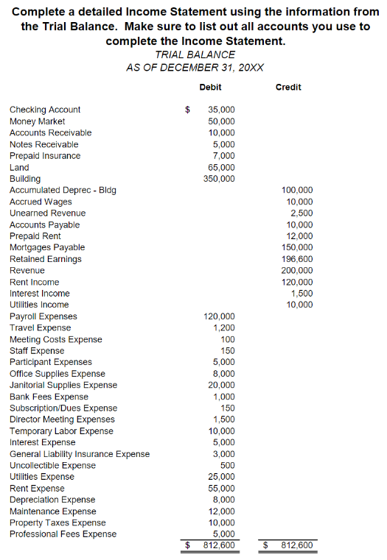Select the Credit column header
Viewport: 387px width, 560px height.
(288, 87)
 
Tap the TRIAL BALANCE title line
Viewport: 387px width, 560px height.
(195, 54)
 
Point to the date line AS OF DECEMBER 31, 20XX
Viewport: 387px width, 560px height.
(195, 67)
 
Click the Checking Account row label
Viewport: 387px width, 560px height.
(45, 110)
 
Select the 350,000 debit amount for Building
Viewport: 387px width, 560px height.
(219, 179)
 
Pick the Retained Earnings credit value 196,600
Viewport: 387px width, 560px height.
(298, 259)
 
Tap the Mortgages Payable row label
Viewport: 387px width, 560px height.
(47, 247)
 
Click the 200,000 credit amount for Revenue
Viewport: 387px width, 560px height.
(298, 270)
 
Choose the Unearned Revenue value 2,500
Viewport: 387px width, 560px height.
(302, 213)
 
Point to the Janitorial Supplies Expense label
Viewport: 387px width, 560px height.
(63, 385)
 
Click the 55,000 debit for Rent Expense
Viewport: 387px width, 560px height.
(222, 488)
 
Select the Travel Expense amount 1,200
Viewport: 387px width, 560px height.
(224, 327)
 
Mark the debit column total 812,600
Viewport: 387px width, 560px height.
(219, 546)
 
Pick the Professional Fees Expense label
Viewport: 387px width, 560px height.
(63, 534)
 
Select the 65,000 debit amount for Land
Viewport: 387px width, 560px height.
(222, 167)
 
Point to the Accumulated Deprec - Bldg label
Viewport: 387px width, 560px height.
(63, 190)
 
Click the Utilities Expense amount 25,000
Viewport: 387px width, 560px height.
(222, 477)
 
